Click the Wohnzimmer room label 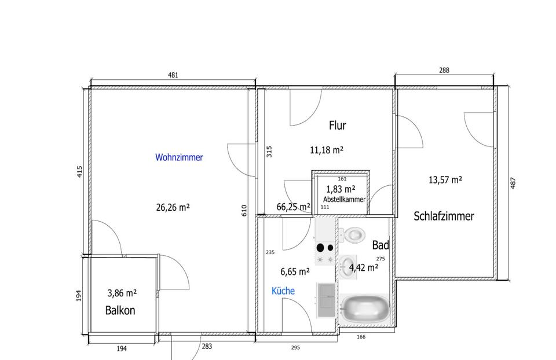click(179, 157)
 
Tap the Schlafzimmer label click(444, 216)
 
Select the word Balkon click(120, 310)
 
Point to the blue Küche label click(283, 291)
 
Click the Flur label click(337, 126)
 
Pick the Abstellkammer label click(344, 200)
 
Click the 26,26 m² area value click(173, 207)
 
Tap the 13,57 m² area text click(445, 180)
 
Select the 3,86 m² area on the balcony click(122, 293)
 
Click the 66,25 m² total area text click(293, 207)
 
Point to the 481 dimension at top click(173, 75)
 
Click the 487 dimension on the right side click(513, 183)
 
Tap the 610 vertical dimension click(244, 211)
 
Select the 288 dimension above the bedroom click(444, 70)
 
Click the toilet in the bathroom click(352, 234)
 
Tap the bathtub click(364, 308)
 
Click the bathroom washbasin click(346, 266)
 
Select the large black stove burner click(320, 247)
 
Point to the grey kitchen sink click(326, 300)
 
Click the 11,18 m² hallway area click(326, 150)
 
